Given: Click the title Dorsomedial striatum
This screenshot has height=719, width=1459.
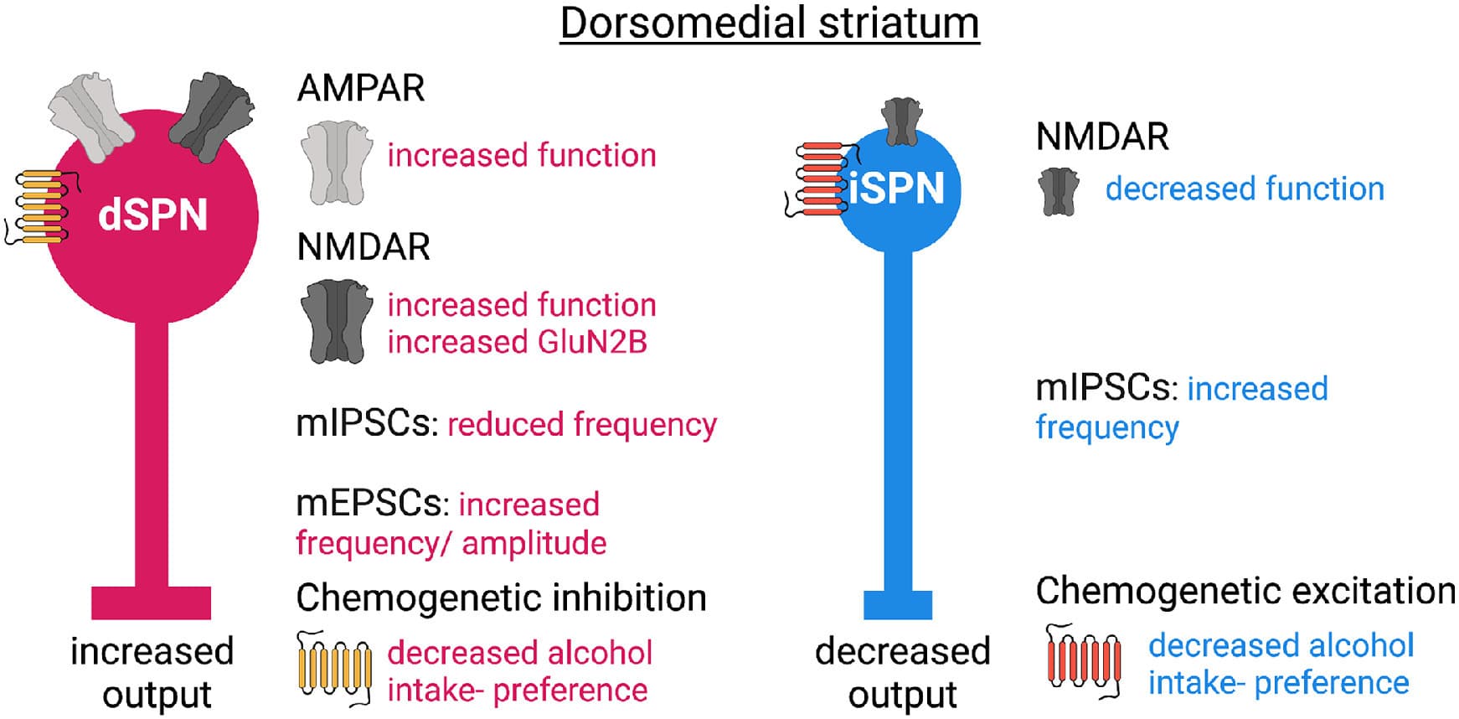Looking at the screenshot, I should point(769,23).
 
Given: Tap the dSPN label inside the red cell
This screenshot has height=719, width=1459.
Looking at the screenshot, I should point(152,215).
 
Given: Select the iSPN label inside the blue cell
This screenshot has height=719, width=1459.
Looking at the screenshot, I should point(897,188).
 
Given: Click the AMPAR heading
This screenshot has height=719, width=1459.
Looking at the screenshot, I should point(361,88).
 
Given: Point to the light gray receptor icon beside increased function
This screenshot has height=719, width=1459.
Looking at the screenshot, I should point(336,163).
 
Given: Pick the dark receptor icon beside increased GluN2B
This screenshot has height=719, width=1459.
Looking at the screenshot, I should point(336,322).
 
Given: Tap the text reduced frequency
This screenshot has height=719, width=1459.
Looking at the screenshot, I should point(582,424).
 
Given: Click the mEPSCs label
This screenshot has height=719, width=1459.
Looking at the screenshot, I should point(368,504).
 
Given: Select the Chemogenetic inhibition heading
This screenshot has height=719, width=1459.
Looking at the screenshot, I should point(501,598).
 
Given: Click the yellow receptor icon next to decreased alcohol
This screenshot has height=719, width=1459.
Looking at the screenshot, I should point(334,667).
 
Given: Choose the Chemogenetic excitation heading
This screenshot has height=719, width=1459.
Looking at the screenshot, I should point(1245,591).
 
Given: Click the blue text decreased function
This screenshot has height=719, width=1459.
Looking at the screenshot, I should point(1245,189).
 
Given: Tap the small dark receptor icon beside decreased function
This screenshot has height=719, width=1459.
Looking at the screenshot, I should point(1059,191).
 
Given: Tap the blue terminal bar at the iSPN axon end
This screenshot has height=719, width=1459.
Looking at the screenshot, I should point(898,604).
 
